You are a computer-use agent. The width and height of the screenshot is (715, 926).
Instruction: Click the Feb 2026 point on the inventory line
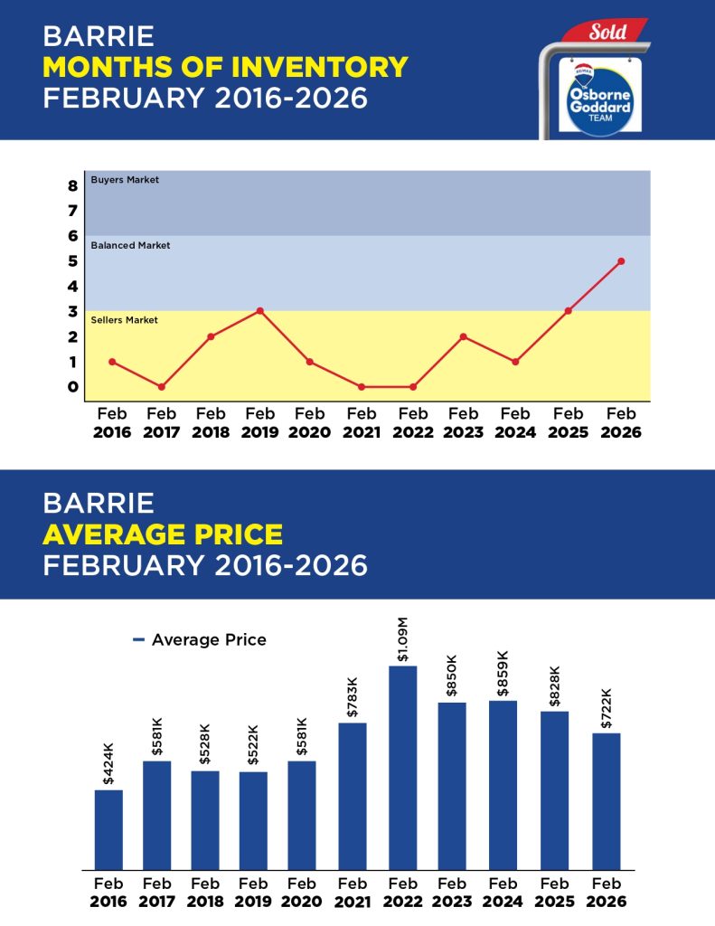pos(621,261)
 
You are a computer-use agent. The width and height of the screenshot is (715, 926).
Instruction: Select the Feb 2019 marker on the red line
pos(260,311)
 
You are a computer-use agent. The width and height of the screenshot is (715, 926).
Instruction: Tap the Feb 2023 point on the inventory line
pos(463,336)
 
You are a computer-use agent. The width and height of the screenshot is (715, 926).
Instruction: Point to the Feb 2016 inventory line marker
pos(112,362)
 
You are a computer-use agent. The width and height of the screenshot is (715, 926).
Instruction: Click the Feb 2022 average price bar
pos(403,768)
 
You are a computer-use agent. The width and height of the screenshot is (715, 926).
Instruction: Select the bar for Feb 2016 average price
pos(108,829)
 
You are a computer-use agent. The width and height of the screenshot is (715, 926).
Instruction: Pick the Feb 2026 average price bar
pos(607,801)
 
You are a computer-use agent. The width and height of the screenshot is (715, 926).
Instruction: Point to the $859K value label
pos(503,674)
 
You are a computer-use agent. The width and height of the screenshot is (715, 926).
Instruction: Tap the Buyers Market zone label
pos(125,180)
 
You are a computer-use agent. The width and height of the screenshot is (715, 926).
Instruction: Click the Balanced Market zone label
pos(130,245)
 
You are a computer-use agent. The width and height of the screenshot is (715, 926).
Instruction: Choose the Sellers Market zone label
pos(125,320)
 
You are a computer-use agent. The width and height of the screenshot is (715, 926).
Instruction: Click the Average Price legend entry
pos(200,640)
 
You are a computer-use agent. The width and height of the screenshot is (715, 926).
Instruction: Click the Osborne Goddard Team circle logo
pos(594,98)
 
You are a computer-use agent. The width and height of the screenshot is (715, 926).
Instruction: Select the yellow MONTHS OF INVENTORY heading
pos(225,67)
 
